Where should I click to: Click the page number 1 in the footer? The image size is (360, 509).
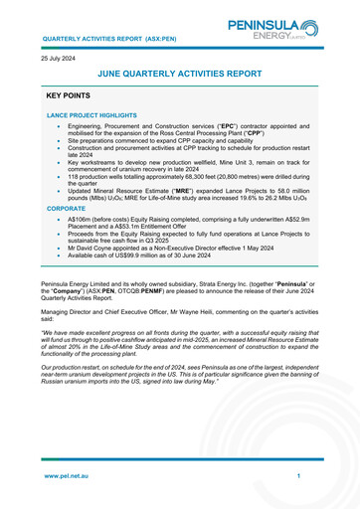pos(297,476)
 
